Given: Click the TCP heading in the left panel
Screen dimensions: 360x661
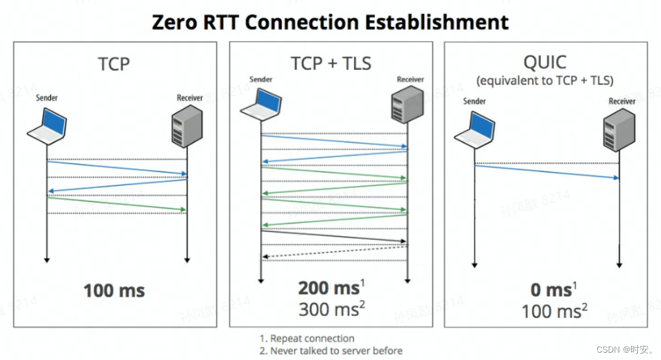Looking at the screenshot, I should pyautogui.click(x=114, y=63).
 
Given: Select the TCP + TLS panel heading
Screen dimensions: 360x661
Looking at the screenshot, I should pyautogui.click(x=331, y=62).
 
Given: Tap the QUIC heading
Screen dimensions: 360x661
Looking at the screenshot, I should pyautogui.click(x=545, y=62).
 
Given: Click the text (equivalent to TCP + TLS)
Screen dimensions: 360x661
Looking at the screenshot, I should pyautogui.click(x=545, y=80).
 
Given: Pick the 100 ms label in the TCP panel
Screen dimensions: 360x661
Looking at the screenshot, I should pyautogui.click(x=114, y=290).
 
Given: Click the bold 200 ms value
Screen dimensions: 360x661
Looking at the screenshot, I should pyautogui.click(x=328, y=288).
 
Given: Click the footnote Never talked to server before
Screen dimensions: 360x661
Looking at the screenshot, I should pyautogui.click(x=331, y=351).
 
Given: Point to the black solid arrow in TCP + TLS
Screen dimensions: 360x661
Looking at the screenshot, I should pyautogui.click(x=334, y=236).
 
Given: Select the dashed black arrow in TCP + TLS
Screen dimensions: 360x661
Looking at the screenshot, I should pyautogui.click(x=334, y=252).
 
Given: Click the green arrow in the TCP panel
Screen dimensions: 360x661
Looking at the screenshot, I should pyautogui.click(x=116, y=204).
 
